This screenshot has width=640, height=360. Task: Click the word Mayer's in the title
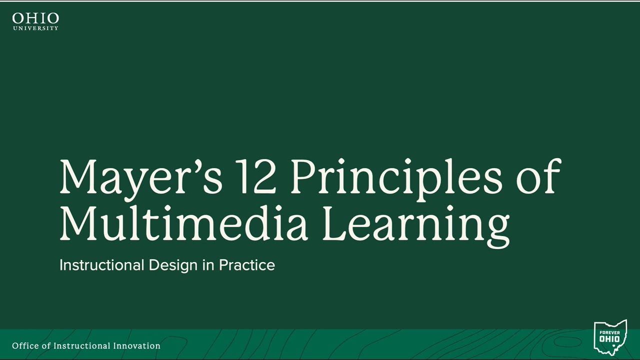click(x=140, y=177)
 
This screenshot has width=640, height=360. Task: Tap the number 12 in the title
click(x=256, y=177)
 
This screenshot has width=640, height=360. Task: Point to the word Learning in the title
click(x=415, y=223)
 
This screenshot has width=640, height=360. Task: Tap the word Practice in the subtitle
click(x=247, y=265)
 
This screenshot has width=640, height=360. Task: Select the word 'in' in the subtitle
click(x=208, y=265)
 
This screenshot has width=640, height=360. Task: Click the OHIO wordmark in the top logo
click(x=35, y=19)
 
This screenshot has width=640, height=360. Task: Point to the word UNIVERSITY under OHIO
click(x=35, y=28)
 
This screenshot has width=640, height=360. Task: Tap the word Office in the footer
click(x=25, y=346)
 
